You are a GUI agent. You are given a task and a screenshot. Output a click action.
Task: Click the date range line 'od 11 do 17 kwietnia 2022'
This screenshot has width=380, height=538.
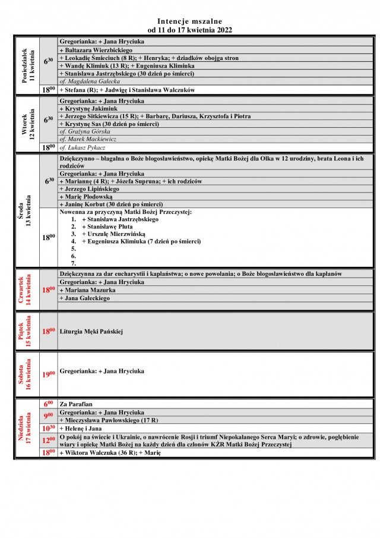coord(190,29)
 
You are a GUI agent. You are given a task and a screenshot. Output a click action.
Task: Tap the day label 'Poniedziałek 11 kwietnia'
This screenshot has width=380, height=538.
coord(28,66)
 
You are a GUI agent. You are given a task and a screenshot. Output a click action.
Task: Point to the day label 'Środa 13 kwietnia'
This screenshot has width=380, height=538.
coord(28,211)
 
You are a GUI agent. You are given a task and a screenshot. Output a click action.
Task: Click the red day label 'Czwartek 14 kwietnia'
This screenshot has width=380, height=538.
coord(28,290)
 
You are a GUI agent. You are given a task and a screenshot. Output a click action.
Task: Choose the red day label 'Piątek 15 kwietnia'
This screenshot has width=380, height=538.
coord(28,331)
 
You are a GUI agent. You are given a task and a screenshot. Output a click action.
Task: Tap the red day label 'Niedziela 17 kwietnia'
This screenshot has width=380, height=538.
coord(28,428)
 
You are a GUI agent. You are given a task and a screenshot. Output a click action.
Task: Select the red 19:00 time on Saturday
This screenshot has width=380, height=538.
coord(48,375)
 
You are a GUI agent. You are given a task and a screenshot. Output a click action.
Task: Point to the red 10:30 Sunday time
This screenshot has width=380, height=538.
coord(48,428)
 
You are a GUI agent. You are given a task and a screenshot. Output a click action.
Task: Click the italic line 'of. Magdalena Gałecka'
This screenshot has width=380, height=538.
coord(90,81)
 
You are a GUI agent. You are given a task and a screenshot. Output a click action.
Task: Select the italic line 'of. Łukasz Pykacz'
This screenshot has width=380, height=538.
coord(83,147)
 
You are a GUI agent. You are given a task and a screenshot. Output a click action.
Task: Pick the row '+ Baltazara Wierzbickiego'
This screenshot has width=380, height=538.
coord(96,51)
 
